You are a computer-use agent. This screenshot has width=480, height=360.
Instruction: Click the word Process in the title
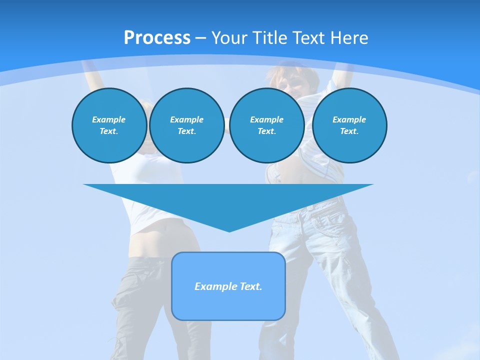(x=157, y=38)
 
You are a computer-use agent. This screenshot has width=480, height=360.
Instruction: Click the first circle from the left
(x=109, y=125)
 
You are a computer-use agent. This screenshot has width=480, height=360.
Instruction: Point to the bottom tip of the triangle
(x=228, y=231)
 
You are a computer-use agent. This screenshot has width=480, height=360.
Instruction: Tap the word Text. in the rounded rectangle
(x=251, y=286)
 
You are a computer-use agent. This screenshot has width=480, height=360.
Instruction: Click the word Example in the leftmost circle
(x=109, y=119)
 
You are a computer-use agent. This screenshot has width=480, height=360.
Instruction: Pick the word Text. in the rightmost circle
(x=349, y=131)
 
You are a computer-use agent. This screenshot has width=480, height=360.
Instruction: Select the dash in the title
(x=200, y=38)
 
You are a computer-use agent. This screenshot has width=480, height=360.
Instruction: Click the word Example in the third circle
(x=266, y=119)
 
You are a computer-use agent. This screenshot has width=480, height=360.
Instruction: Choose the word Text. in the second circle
(x=186, y=131)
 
